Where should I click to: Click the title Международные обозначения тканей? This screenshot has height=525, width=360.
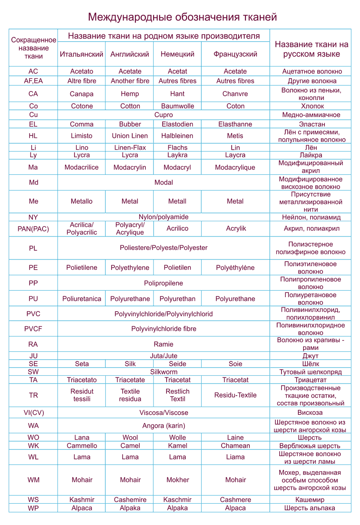[x=182, y=17]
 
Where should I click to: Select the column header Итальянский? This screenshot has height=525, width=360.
[x=82, y=54]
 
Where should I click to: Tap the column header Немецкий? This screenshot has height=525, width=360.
[x=177, y=54]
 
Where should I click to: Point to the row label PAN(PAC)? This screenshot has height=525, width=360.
[x=33, y=229]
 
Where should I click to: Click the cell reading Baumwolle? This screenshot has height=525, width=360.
[x=177, y=106]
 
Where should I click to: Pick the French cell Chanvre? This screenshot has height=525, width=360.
[x=235, y=94]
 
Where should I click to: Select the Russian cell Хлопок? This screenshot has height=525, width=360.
[x=311, y=106]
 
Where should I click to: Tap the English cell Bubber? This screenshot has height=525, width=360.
[x=130, y=124]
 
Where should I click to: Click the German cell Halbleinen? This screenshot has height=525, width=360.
[x=177, y=136]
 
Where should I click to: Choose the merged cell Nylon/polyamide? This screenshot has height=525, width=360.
[x=164, y=217]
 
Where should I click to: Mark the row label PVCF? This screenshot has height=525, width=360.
[x=33, y=329]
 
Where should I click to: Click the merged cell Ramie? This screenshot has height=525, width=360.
[x=164, y=344]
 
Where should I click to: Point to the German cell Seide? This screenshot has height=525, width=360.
[x=177, y=364]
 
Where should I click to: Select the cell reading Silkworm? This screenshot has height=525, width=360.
[x=164, y=372]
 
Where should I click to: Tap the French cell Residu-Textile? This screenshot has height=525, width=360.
[x=235, y=395]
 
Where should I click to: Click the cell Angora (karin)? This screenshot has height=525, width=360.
[x=164, y=426]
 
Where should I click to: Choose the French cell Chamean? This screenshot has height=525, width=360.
[x=235, y=446]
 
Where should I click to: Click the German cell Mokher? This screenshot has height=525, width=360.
[x=177, y=480]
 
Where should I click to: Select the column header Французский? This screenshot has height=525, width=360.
[x=235, y=54]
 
